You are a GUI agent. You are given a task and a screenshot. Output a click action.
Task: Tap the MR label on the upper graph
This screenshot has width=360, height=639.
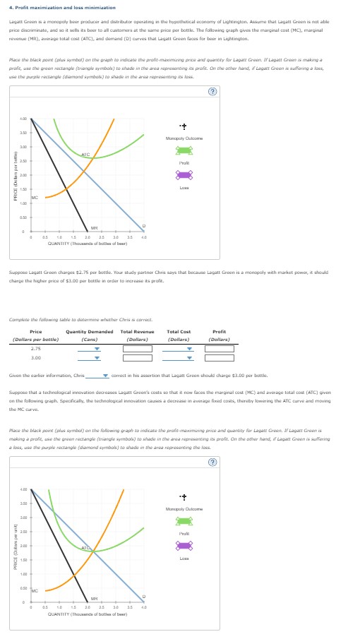coord(94,227)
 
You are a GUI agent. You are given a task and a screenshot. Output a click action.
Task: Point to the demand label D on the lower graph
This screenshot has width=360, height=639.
coord(144,595)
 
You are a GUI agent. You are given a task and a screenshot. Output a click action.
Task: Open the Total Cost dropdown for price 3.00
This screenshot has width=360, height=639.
coord(179,358)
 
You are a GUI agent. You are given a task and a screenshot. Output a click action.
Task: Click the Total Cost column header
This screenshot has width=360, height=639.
coord(179,332)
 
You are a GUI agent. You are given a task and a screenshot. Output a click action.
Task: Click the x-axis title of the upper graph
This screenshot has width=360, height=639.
coord(88,244)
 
